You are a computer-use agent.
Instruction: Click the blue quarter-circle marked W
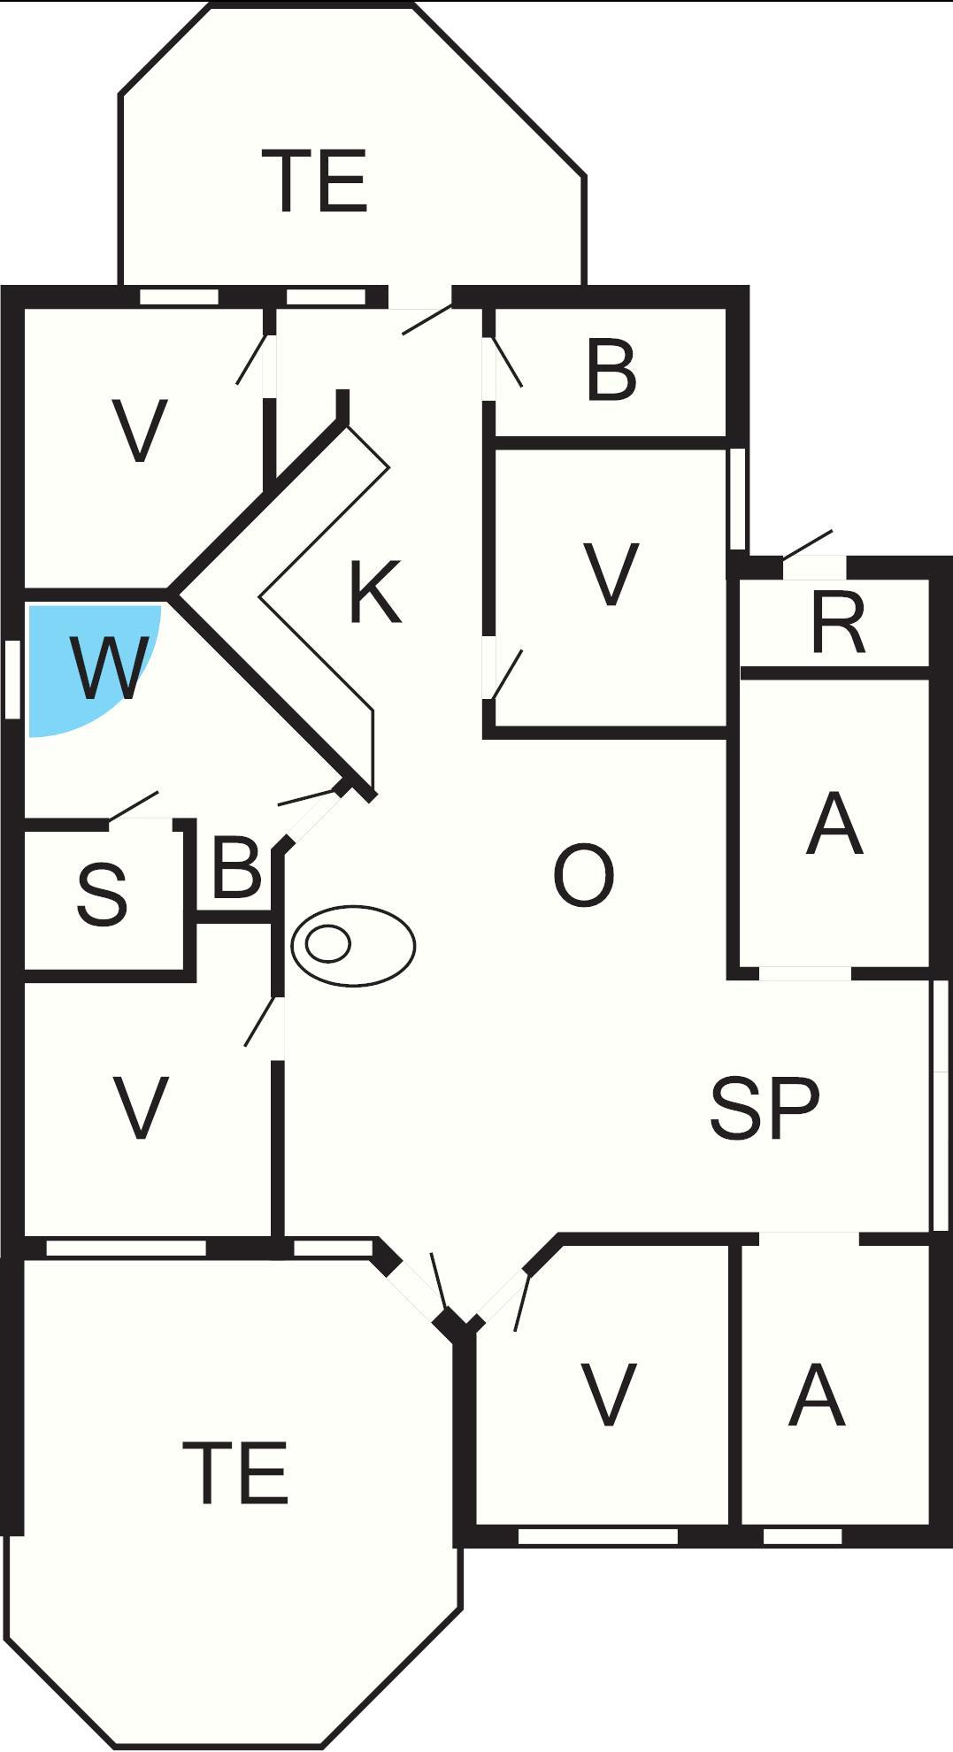pos(84,664)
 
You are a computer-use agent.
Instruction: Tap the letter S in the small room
pos(103,895)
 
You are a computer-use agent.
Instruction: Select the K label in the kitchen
pos(376,591)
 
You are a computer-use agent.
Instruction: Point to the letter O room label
pos(583,875)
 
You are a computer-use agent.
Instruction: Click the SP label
pos(765,1108)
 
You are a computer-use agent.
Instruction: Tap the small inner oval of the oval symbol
pos(328,944)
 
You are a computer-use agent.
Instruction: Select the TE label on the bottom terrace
pos(235,1472)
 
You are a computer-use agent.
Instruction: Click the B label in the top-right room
pos(611,370)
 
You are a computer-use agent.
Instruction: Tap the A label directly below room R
pos(834,825)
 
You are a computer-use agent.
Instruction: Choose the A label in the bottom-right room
pos(817,1395)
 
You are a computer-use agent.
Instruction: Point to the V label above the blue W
pos(140,432)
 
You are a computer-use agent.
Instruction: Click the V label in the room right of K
pos(611,574)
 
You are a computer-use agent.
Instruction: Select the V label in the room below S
pos(141,1107)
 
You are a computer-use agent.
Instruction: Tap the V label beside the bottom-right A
pos(608,1395)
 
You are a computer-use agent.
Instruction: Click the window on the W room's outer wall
pos(12,679)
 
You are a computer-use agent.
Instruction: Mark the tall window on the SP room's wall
pos(941,1104)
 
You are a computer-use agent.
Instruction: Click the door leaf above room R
pos(808,544)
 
